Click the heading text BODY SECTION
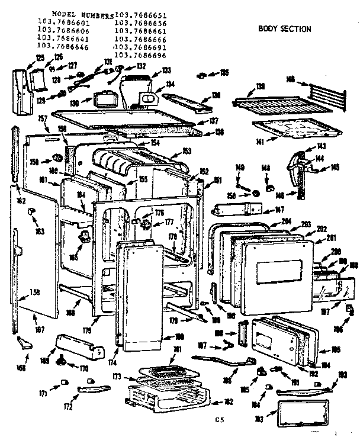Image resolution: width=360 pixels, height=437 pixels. [285, 28]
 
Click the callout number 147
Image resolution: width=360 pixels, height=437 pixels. [277, 210]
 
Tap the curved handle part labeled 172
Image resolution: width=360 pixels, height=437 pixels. [93, 387]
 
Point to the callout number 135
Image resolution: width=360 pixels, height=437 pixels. [224, 73]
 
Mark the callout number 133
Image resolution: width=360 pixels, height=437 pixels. [167, 70]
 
